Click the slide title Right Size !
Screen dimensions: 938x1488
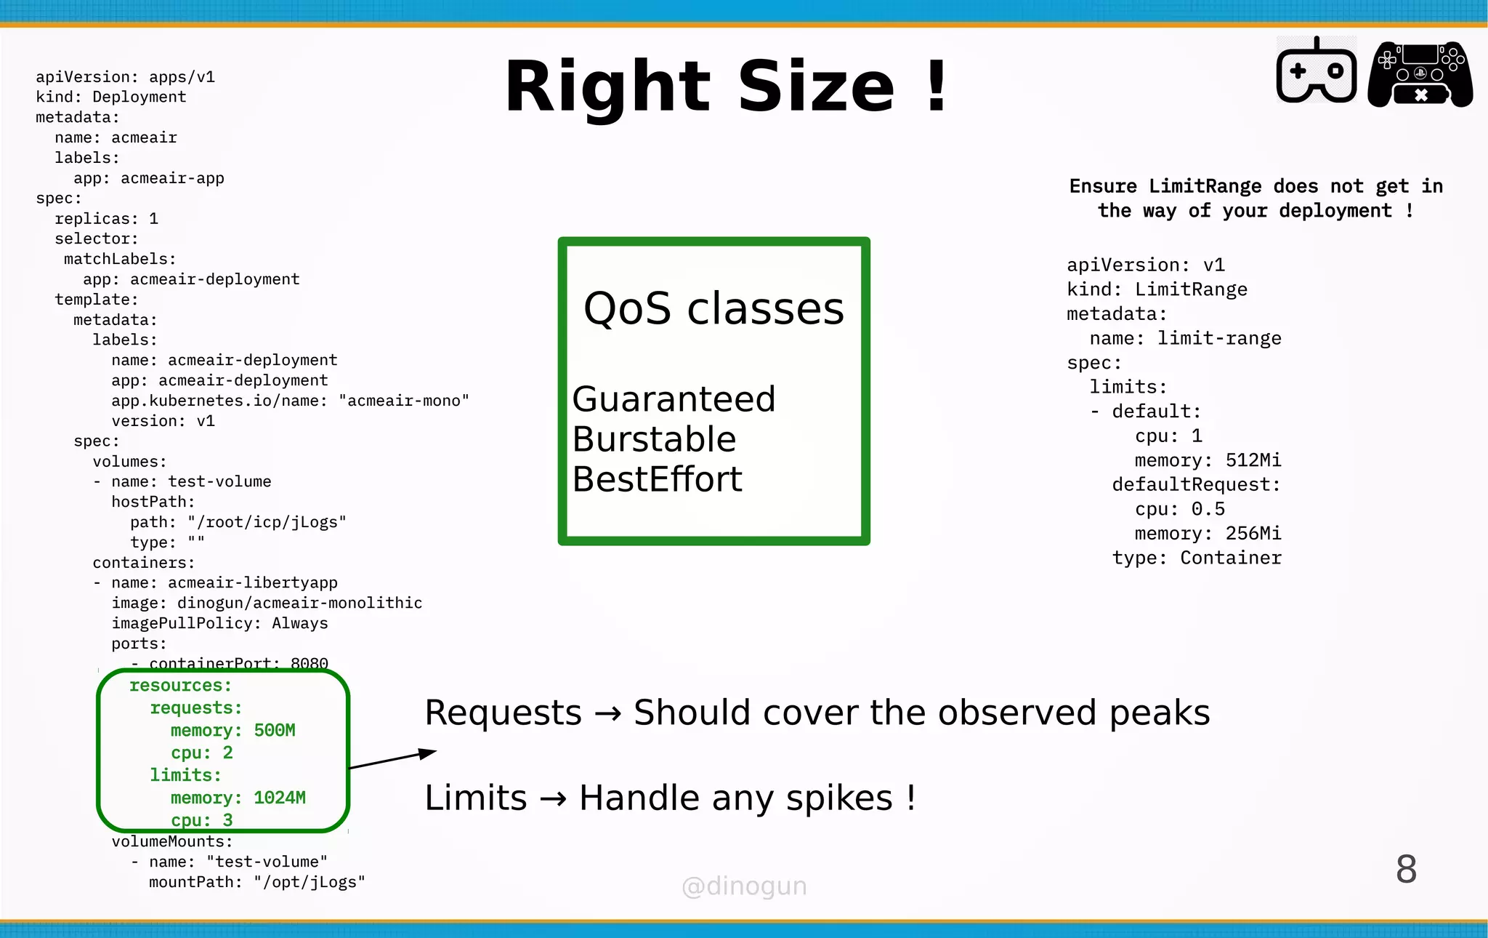727,87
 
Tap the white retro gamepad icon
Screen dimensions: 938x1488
1317,71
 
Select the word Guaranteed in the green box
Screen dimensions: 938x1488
674,399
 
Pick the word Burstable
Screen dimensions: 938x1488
654,439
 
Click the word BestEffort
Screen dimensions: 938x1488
657,479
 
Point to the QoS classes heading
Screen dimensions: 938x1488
713,308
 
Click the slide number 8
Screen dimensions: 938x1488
1406,869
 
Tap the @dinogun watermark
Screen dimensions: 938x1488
744,886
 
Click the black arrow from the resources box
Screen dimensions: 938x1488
392,759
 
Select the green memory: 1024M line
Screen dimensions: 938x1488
238,798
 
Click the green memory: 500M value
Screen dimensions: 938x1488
274,730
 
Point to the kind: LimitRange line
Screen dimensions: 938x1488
1157,289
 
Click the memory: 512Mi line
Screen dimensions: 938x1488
1208,460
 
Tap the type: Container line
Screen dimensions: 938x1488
1197,558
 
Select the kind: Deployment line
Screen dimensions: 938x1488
110,97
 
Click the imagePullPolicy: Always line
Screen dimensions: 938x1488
219,623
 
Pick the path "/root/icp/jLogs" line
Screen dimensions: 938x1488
238,522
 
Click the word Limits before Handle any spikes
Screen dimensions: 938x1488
475,798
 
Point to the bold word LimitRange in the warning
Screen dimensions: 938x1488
1205,186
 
